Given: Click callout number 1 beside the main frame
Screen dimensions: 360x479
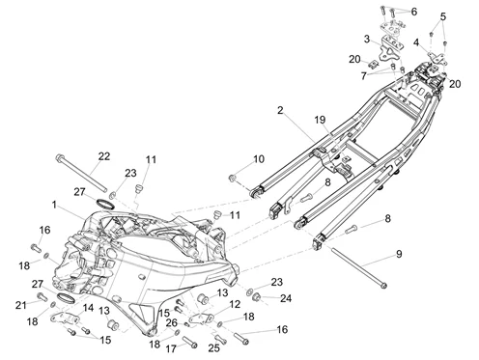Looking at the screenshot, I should coord(55,205).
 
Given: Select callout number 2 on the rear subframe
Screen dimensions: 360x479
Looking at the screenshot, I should coord(280,112).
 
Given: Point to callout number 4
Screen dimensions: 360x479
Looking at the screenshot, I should coord(416,42).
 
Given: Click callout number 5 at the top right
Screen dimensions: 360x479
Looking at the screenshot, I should coord(443,16).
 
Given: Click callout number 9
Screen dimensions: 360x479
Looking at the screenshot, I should coord(396,255).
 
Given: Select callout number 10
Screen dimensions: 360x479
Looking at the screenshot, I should coord(258,158).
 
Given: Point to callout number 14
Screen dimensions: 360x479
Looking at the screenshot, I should coord(88,307).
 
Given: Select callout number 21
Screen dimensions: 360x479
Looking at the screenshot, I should coord(20,305).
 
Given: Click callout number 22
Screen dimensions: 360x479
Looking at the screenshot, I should coord(103,155).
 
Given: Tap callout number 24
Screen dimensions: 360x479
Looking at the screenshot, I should coord(285,298).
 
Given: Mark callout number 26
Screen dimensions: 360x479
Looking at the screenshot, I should coord(171,323).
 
